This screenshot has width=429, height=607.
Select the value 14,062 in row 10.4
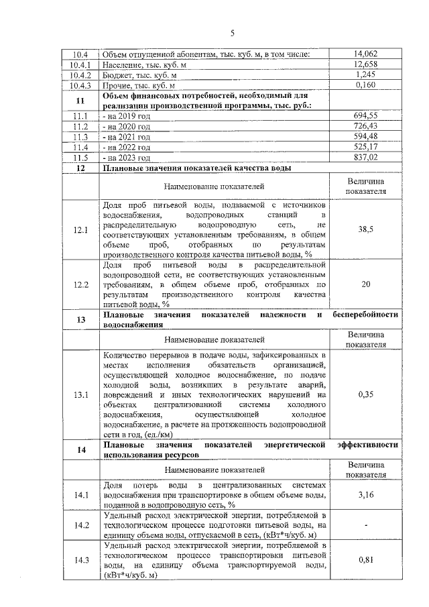[x=365, y=54]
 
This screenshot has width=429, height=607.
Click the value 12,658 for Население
[x=365, y=65]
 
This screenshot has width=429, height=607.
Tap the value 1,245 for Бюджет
[x=365, y=75]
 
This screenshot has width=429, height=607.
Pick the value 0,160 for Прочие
[x=365, y=85]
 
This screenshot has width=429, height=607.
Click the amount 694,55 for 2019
[x=365, y=116]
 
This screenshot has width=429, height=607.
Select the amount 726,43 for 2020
[x=365, y=126]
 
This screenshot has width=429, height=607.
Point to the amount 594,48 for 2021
[x=365, y=136]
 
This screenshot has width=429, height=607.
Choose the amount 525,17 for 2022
[x=365, y=147]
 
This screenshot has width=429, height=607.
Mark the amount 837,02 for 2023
[x=365, y=157]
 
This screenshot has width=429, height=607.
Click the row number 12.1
[x=80, y=229]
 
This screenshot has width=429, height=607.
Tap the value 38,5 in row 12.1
[x=365, y=229]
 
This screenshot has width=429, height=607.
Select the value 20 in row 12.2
[x=365, y=284]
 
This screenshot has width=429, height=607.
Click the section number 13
[x=80, y=319]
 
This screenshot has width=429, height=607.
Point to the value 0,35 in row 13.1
[x=365, y=394]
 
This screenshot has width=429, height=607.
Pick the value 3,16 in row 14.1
[x=365, y=495]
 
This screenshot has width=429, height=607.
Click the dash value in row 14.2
[x=365, y=525]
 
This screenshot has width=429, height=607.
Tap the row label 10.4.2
[x=80, y=75]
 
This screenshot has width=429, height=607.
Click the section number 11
[x=80, y=101]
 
